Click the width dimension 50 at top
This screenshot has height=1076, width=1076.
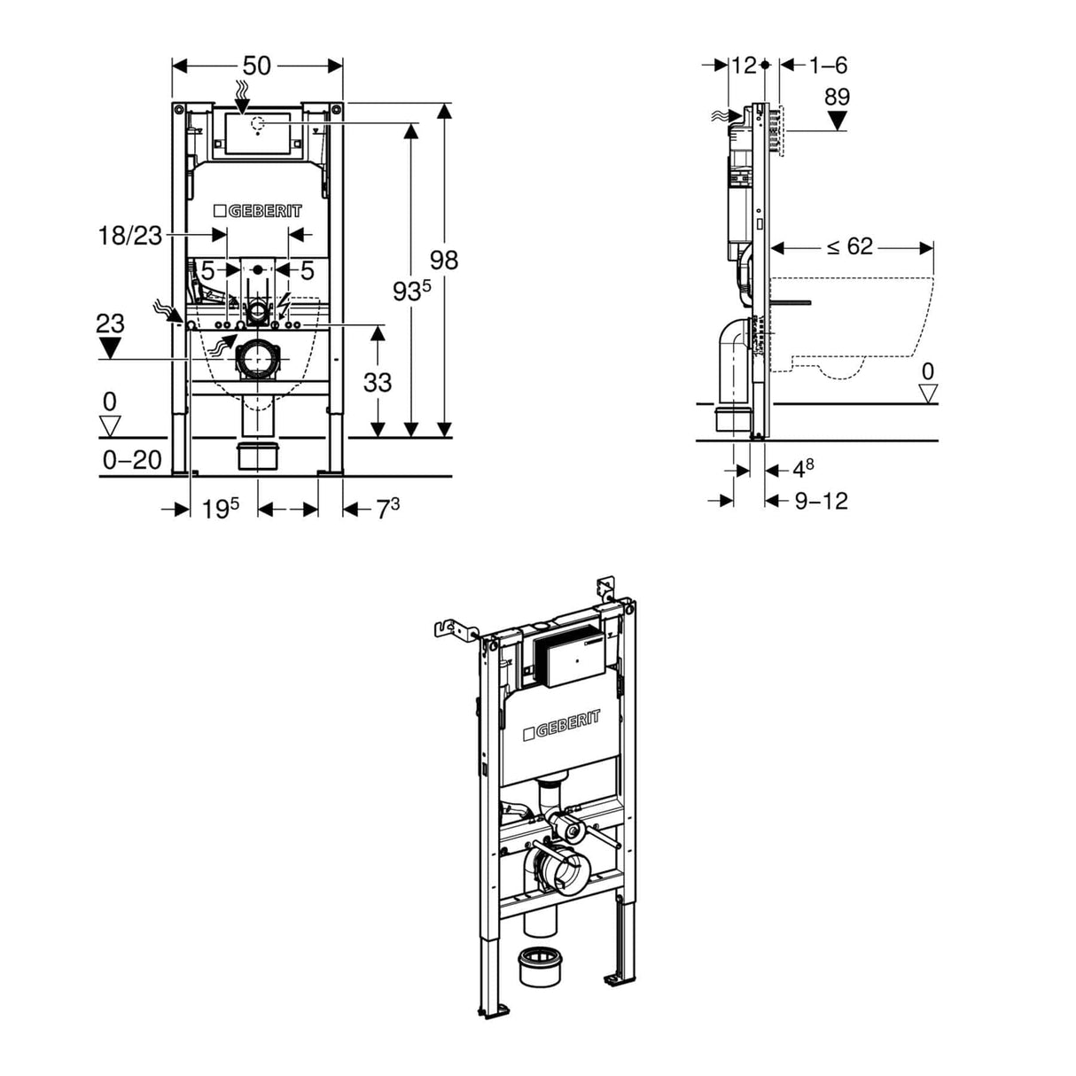(x=257, y=66)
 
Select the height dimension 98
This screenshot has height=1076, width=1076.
(x=443, y=260)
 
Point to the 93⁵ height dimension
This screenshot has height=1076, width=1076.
(x=409, y=289)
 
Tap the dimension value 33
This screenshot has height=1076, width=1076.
(x=378, y=382)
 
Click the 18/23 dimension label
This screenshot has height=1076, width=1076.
(x=130, y=235)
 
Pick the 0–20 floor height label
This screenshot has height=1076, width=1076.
(x=132, y=459)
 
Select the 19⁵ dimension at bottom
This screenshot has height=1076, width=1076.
(x=220, y=509)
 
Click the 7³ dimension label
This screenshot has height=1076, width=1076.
(x=387, y=509)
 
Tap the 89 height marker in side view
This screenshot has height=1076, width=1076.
(x=837, y=97)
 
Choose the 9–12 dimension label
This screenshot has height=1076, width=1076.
(x=821, y=501)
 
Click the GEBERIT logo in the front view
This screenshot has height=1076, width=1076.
(x=258, y=211)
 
